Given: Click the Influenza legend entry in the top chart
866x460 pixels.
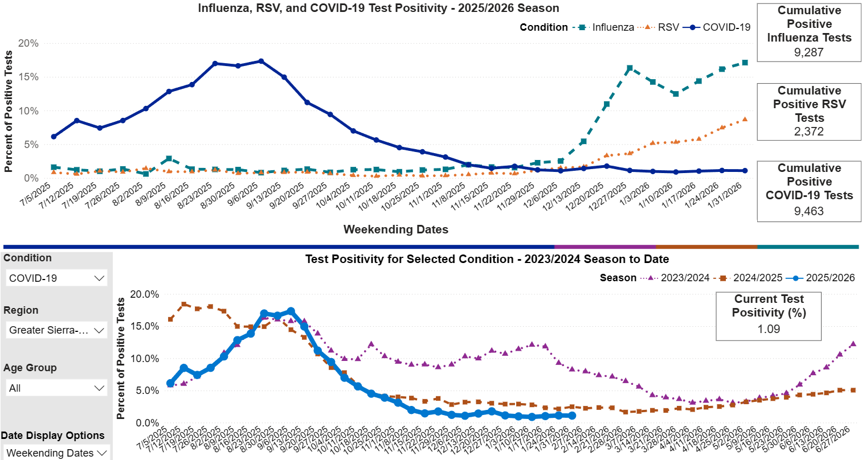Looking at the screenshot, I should [612, 27].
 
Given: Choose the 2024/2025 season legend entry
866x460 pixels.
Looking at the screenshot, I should [757, 278].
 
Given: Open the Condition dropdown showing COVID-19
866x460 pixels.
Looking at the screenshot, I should [57, 278].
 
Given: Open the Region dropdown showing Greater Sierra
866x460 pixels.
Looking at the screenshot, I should [57, 330].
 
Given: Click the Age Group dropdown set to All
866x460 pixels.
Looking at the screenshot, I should [57, 388].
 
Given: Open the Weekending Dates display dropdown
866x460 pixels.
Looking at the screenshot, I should [57, 453].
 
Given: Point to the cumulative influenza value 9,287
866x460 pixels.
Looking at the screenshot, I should [808, 52].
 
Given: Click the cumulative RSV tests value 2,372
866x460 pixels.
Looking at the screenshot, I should [808, 132].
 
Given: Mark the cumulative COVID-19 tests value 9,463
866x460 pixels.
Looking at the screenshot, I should [808, 211].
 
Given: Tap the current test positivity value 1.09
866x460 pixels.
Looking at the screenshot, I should [769, 329].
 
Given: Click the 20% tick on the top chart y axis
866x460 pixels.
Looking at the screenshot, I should [28, 43].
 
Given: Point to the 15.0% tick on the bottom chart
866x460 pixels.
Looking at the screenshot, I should [145, 326].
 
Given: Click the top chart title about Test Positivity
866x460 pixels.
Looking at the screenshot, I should [378, 9].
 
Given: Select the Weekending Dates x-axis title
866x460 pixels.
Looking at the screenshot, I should [395, 229].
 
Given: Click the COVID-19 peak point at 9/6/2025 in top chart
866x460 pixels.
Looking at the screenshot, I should [261, 61].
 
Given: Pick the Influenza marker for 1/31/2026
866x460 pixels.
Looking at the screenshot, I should [745, 63].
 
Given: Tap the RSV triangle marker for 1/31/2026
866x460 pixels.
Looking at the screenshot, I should [745, 120].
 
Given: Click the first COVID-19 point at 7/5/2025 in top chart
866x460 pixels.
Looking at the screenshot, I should [54, 137].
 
